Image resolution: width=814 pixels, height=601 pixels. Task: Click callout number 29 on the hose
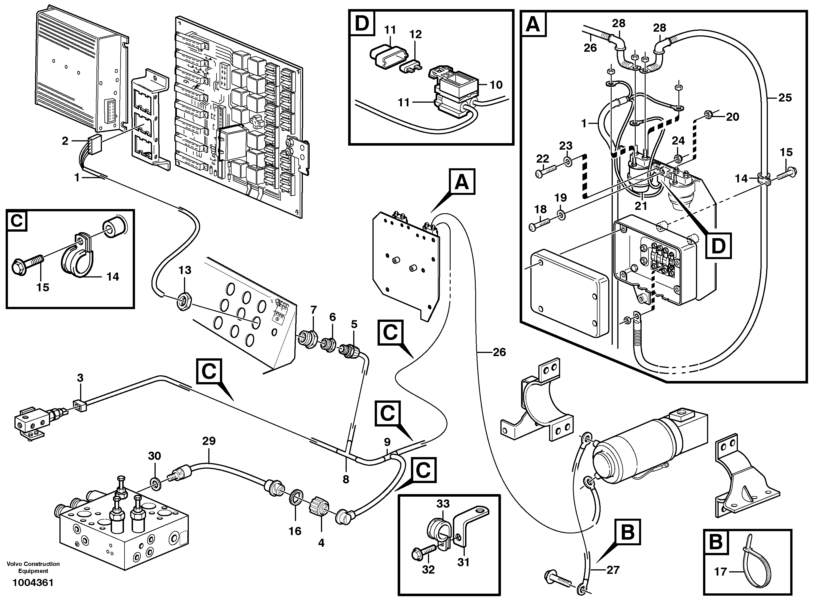click(x=209, y=441)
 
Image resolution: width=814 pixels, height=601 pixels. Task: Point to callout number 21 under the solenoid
click(x=641, y=206)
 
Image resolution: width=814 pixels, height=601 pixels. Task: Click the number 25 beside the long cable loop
click(x=785, y=98)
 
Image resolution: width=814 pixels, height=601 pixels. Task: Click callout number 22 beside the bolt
click(x=542, y=159)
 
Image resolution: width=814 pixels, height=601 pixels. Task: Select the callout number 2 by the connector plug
click(x=65, y=141)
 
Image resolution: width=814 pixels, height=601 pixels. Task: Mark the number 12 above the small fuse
click(x=415, y=34)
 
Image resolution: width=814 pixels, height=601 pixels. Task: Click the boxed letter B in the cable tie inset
click(x=716, y=542)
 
